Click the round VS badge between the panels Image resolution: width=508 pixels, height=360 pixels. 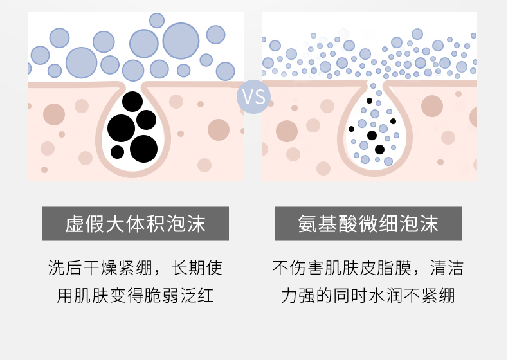(253, 97)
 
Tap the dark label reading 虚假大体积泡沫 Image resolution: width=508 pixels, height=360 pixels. (135, 224)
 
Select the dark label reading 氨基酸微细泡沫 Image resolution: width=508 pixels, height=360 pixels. (368, 224)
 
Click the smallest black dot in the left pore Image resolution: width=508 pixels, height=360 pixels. (117, 152)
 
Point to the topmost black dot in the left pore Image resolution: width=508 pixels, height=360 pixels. (132, 102)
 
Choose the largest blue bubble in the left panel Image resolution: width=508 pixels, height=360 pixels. (181, 40)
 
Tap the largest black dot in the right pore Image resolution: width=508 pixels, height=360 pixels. (379, 149)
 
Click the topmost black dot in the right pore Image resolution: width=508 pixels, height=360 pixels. (369, 101)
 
